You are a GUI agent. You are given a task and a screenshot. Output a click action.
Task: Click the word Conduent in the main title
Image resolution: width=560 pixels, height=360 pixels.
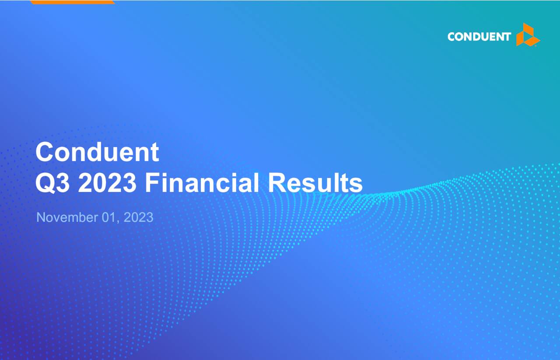tap(97, 152)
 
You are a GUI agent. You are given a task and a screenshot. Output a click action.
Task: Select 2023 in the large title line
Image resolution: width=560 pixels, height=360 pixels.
tap(107, 183)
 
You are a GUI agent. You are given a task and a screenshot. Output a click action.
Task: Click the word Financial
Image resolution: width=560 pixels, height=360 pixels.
tap(202, 183)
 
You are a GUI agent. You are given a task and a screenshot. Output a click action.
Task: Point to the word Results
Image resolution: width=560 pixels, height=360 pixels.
tap(315, 183)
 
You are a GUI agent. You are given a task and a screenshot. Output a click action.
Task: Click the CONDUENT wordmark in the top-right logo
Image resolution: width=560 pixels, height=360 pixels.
tap(479, 37)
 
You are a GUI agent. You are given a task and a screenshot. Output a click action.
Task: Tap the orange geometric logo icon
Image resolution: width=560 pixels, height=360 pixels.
tap(528, 35)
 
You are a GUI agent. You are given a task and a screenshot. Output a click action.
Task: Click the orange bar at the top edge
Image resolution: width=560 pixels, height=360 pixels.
tap(73, 2)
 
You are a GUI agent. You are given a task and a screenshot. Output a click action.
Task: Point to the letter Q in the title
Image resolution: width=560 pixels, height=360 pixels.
tap(45, 183)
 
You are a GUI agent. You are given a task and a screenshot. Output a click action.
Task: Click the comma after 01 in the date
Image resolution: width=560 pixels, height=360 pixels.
tap(119, 220)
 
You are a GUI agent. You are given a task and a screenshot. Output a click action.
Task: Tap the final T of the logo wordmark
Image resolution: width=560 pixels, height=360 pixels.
tap(507, 37)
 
